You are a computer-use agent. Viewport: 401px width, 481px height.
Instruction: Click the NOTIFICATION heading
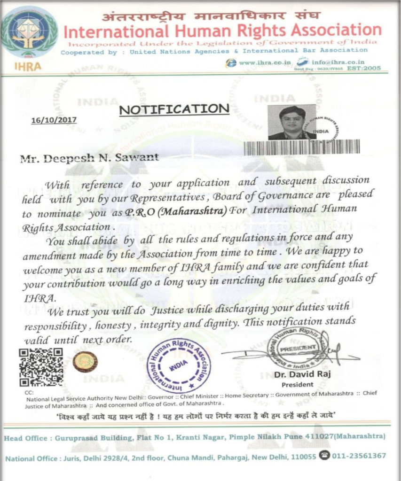coord(174,109)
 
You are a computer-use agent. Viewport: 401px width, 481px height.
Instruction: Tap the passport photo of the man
coord(291,122)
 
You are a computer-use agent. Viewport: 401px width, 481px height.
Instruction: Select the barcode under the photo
coord(302,147)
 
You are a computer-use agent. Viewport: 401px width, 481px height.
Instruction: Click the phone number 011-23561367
coord(359,456)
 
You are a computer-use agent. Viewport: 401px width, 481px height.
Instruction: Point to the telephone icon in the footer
coord(324,455)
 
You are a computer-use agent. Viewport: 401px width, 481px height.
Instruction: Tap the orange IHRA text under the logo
coord(28,66)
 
